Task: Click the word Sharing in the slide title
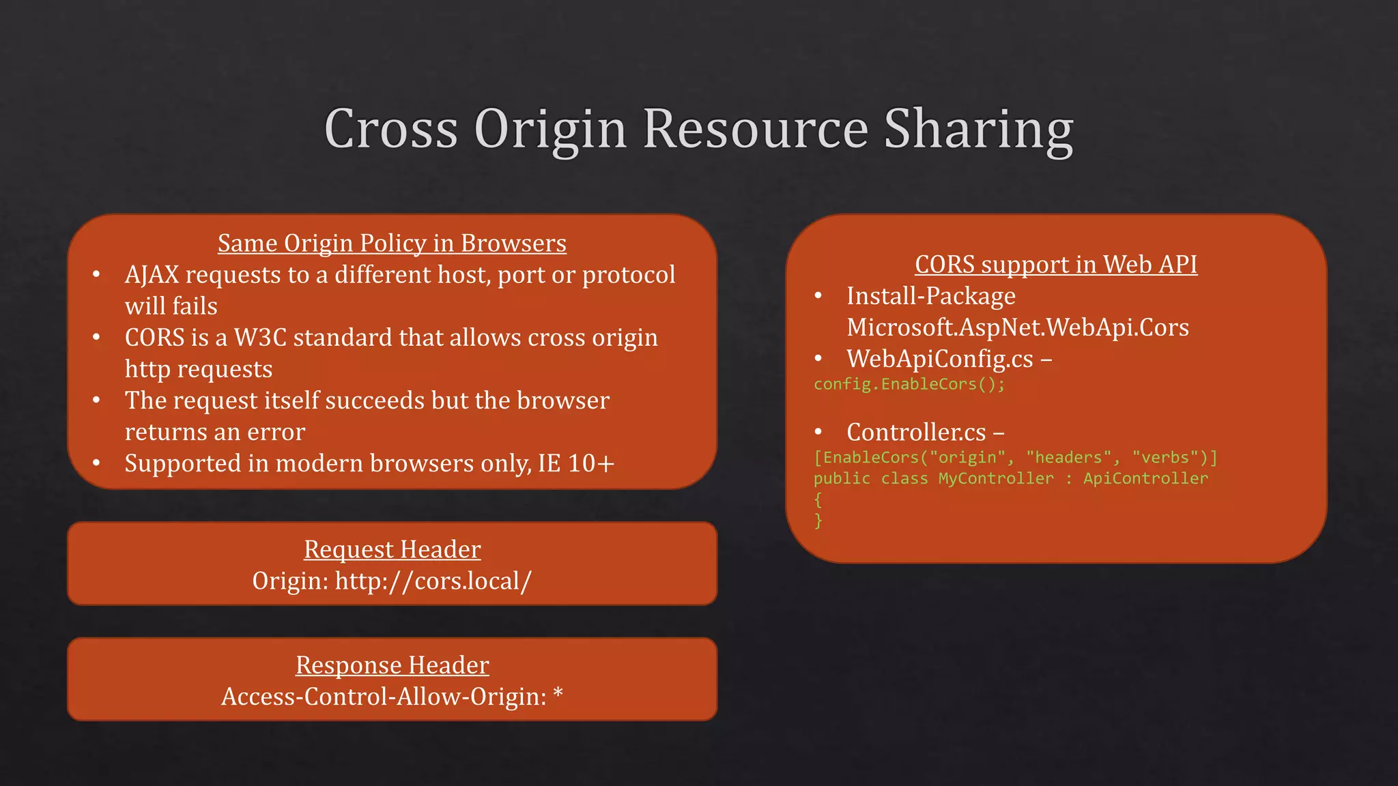click(x=978, y=129)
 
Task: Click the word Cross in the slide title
click(x=390, y=129)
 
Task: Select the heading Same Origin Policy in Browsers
click(x=392, y=244)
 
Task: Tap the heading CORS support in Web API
click(x=1055, y=265)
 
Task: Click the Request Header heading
click(x=392, y=549)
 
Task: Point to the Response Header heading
click(x=392, y=665)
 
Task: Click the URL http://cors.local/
click(x=433, y=581)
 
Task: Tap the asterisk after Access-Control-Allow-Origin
click(x=558, y=694)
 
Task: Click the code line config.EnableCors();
click(x=909, y=384)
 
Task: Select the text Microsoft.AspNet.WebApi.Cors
click(x=1017, y=327)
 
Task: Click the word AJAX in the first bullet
click(x=152, y=275)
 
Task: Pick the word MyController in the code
click(x=995, y=479)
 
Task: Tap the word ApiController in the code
click(x=1145, y=479)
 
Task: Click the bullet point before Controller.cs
click(x=818, y=432)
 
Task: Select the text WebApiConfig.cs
click(x=939, y=359)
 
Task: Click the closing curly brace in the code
click(x=818, y=521)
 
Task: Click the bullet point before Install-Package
click(x=818, y=296)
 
